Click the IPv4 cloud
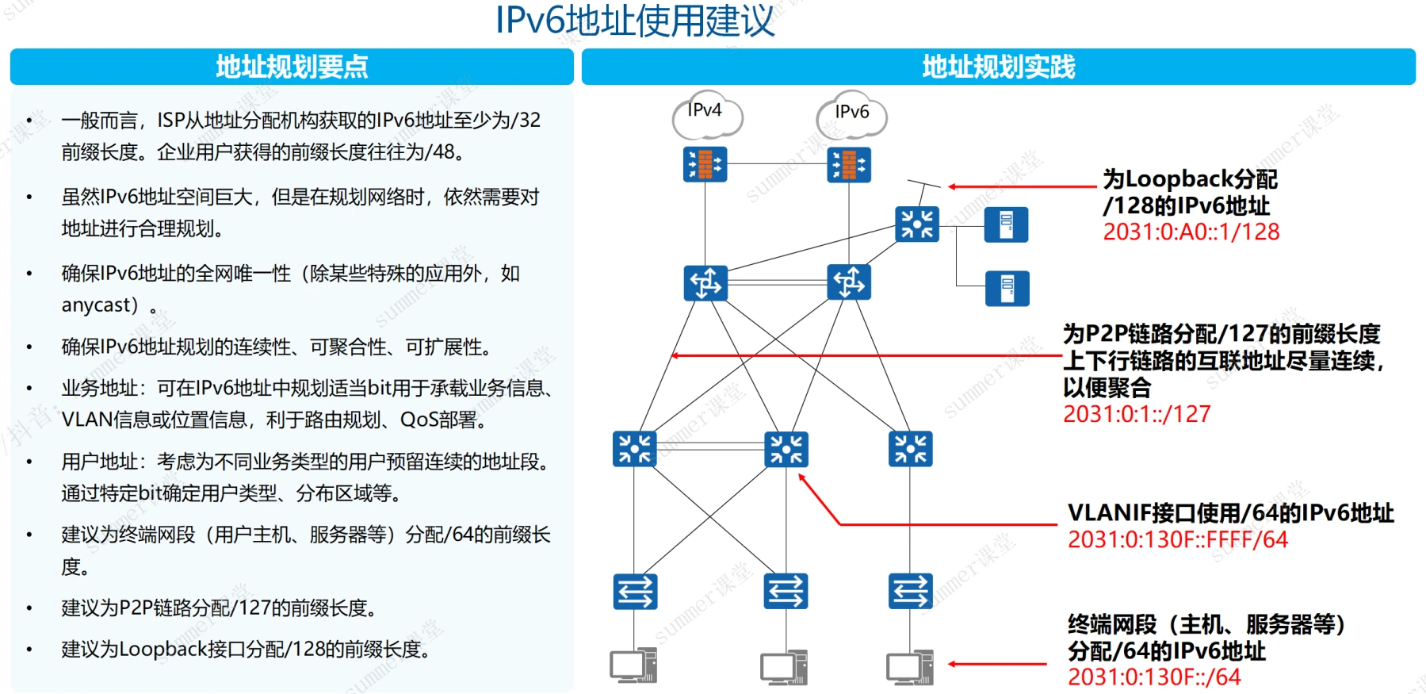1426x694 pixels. (706, 114)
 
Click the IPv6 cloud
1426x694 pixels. (851, 115)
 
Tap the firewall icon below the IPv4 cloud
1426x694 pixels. (705, 164)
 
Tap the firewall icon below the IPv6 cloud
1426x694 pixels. (849, 165)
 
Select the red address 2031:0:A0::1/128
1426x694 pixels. (1191, 232)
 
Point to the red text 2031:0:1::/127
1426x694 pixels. (1137, 414)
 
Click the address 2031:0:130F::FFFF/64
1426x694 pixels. (1178, 540)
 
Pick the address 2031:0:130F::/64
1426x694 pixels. (1154, 677)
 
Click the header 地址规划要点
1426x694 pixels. (292, 67)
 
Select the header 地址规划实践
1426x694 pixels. (998, 67)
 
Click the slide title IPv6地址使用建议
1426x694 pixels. (634, 21)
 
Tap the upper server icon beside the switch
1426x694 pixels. (1006, 224)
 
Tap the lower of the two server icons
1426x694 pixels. (1007, 288)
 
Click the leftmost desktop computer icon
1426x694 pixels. (633, 666)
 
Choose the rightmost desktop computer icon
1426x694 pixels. (910, 666)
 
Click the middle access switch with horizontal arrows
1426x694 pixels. (786, 591)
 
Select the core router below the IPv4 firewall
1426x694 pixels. (705, 282)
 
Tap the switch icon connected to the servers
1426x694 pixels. (916, 224)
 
